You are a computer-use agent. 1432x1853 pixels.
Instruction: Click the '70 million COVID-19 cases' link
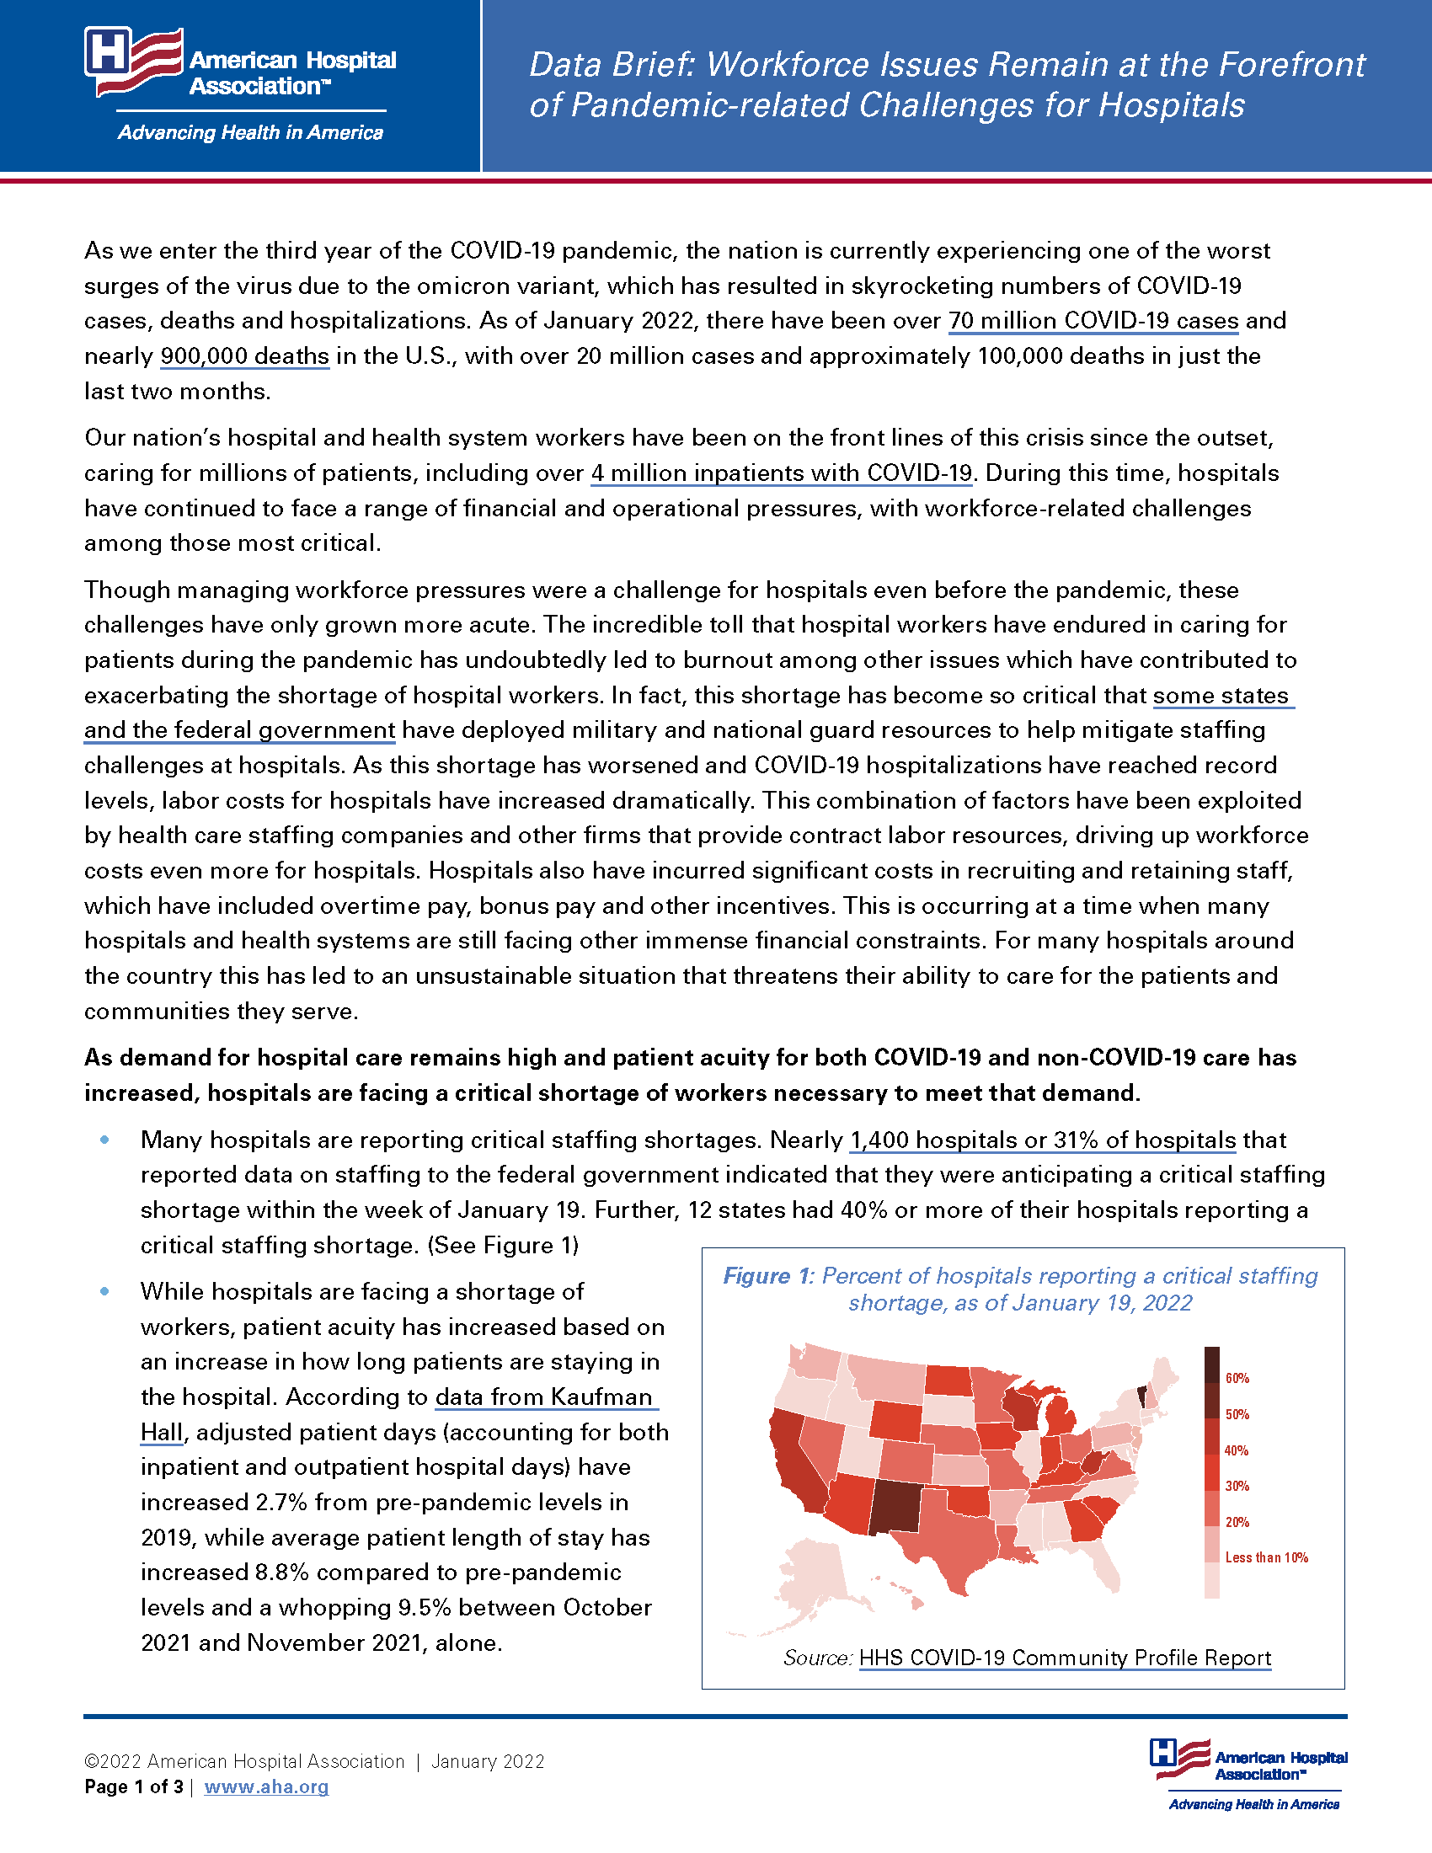1093,321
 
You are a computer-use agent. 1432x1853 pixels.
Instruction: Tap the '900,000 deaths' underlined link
244,355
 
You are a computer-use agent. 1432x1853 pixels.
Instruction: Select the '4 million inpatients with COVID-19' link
782,473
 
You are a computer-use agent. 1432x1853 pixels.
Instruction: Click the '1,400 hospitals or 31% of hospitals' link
1043,1140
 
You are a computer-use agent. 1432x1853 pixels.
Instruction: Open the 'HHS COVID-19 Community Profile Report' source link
1065,1658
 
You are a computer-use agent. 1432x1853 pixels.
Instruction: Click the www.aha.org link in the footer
266,1786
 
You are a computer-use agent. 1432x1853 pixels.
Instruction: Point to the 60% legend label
1237,1379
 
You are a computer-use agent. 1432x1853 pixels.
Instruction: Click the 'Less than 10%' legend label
1266,1557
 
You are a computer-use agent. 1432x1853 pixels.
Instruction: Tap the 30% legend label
1237,1487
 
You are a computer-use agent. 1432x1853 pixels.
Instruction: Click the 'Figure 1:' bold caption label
767,1277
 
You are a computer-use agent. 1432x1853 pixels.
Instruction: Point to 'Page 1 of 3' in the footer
133,1786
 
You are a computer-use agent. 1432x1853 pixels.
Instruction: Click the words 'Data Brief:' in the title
612,66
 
